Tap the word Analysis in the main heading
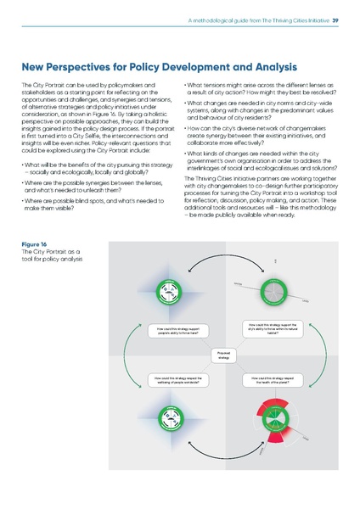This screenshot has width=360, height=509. point(263,66)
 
